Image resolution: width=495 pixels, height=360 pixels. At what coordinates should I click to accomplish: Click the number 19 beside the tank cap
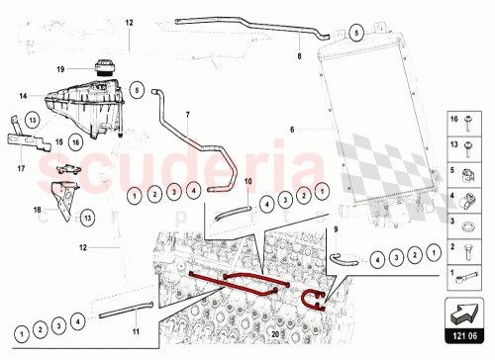click(x=59, y=68)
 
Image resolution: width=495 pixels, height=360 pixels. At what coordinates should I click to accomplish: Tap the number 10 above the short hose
click(x=248, y=181)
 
